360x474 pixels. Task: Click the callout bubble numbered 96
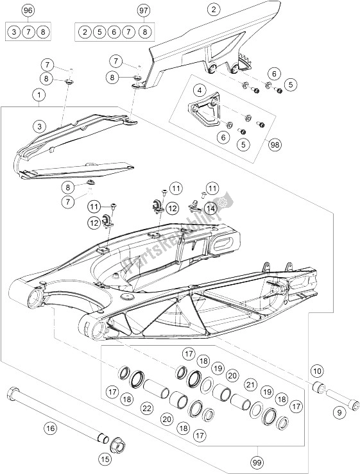coord(28,10)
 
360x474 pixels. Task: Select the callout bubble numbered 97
coord(144,10)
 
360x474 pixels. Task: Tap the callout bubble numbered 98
coord(275,144)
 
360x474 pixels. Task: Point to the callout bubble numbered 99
coord(257,462)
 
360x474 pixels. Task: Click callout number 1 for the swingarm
coord(39,95)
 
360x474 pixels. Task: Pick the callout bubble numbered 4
coord(199,90)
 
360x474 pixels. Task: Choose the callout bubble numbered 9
coord(339,412)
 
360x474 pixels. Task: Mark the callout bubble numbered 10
coord(317,371)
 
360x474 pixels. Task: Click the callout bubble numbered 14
coord(210,208)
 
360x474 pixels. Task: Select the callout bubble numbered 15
coord(105,459)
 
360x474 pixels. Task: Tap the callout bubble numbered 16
coord(50,428)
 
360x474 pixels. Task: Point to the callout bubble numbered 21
coord(250,385)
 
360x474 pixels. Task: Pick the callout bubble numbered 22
coord(147,409)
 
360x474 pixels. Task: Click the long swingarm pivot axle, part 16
coord(58,411)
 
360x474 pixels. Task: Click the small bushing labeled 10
coord(319,387)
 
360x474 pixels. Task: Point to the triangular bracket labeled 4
coord(204,107)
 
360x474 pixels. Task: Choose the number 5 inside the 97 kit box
coord(99,31)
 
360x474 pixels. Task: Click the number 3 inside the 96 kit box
coord(14,31)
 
